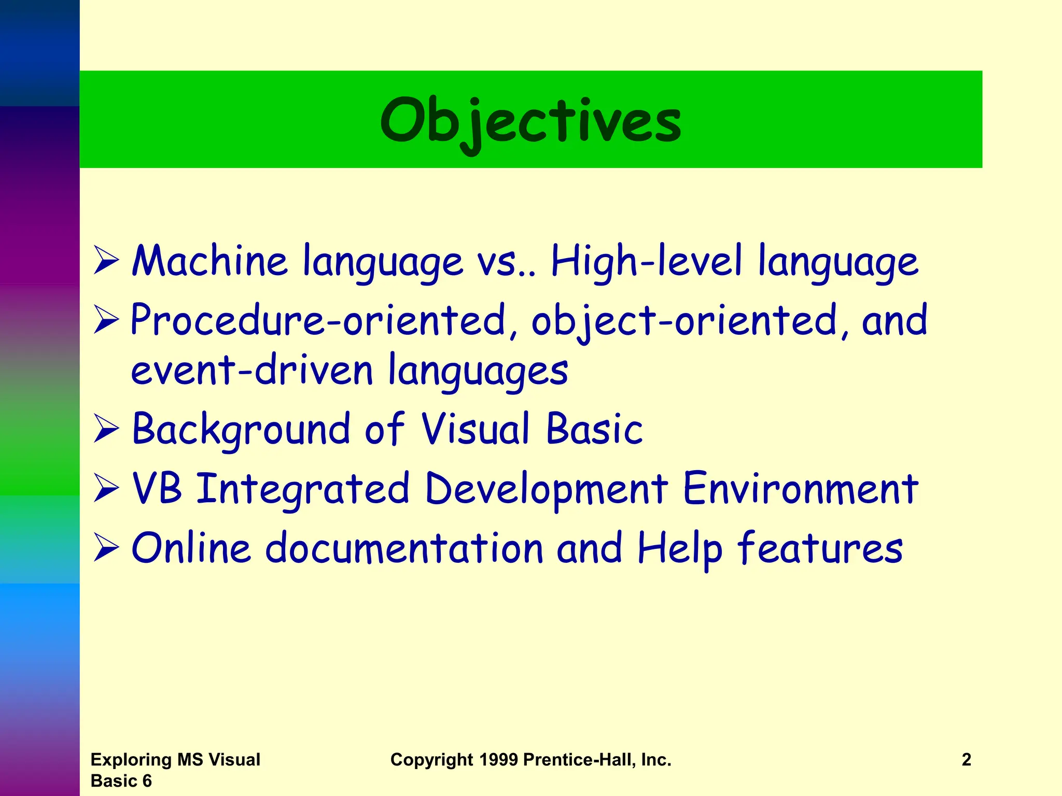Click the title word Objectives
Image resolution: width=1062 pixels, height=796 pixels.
point(530,121)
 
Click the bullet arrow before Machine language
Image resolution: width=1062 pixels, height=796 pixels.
point(106,261)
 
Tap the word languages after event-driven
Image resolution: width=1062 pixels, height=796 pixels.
point(478,371)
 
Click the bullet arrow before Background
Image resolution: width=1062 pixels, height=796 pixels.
point(106,430)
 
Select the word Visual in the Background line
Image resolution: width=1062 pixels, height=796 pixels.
point(476,429)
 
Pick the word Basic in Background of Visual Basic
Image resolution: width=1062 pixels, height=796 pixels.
point(594,429)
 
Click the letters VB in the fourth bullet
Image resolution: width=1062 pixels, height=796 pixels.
point(157,488)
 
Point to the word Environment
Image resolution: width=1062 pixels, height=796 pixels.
point(800,488)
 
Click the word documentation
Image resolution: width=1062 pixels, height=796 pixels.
point(404,548)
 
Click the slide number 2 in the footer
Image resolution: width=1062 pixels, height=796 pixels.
point(966,760)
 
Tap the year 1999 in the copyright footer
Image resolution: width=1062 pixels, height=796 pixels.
point(498,760)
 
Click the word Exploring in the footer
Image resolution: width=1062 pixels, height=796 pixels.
point(131,760)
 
